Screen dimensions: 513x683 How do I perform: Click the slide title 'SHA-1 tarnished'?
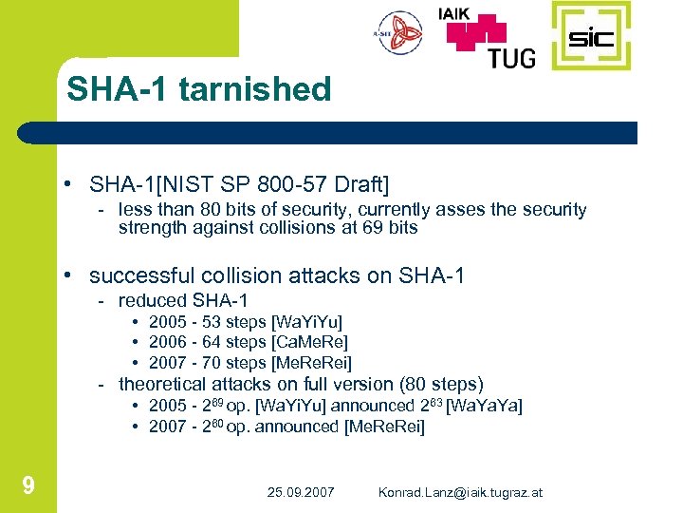coord(198,89)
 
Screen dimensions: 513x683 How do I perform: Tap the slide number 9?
coord(28,487)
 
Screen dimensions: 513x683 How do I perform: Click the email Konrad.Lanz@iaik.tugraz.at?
coord(460,492)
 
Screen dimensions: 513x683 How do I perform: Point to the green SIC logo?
coord(590,37)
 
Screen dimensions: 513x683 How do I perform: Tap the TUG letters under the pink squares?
coord(511,57)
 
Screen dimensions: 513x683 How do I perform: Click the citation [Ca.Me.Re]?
coord(309,342)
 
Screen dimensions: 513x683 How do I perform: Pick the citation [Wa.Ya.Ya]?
coord(484,406)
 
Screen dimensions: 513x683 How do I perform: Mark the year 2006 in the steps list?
coord(167,342)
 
